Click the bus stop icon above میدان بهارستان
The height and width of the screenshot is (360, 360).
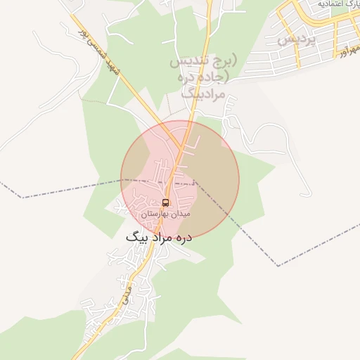click(x=166, y=202)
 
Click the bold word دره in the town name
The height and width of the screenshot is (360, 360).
click(x=181, y=238)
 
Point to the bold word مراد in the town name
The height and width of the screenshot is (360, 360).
click(x=155, y=238)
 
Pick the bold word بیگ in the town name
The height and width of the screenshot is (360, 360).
click(x=134, y=238)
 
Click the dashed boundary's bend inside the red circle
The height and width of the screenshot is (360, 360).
click(x=195, y=181)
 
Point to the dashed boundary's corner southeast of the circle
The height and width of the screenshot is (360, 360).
click(x=278, y=266)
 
